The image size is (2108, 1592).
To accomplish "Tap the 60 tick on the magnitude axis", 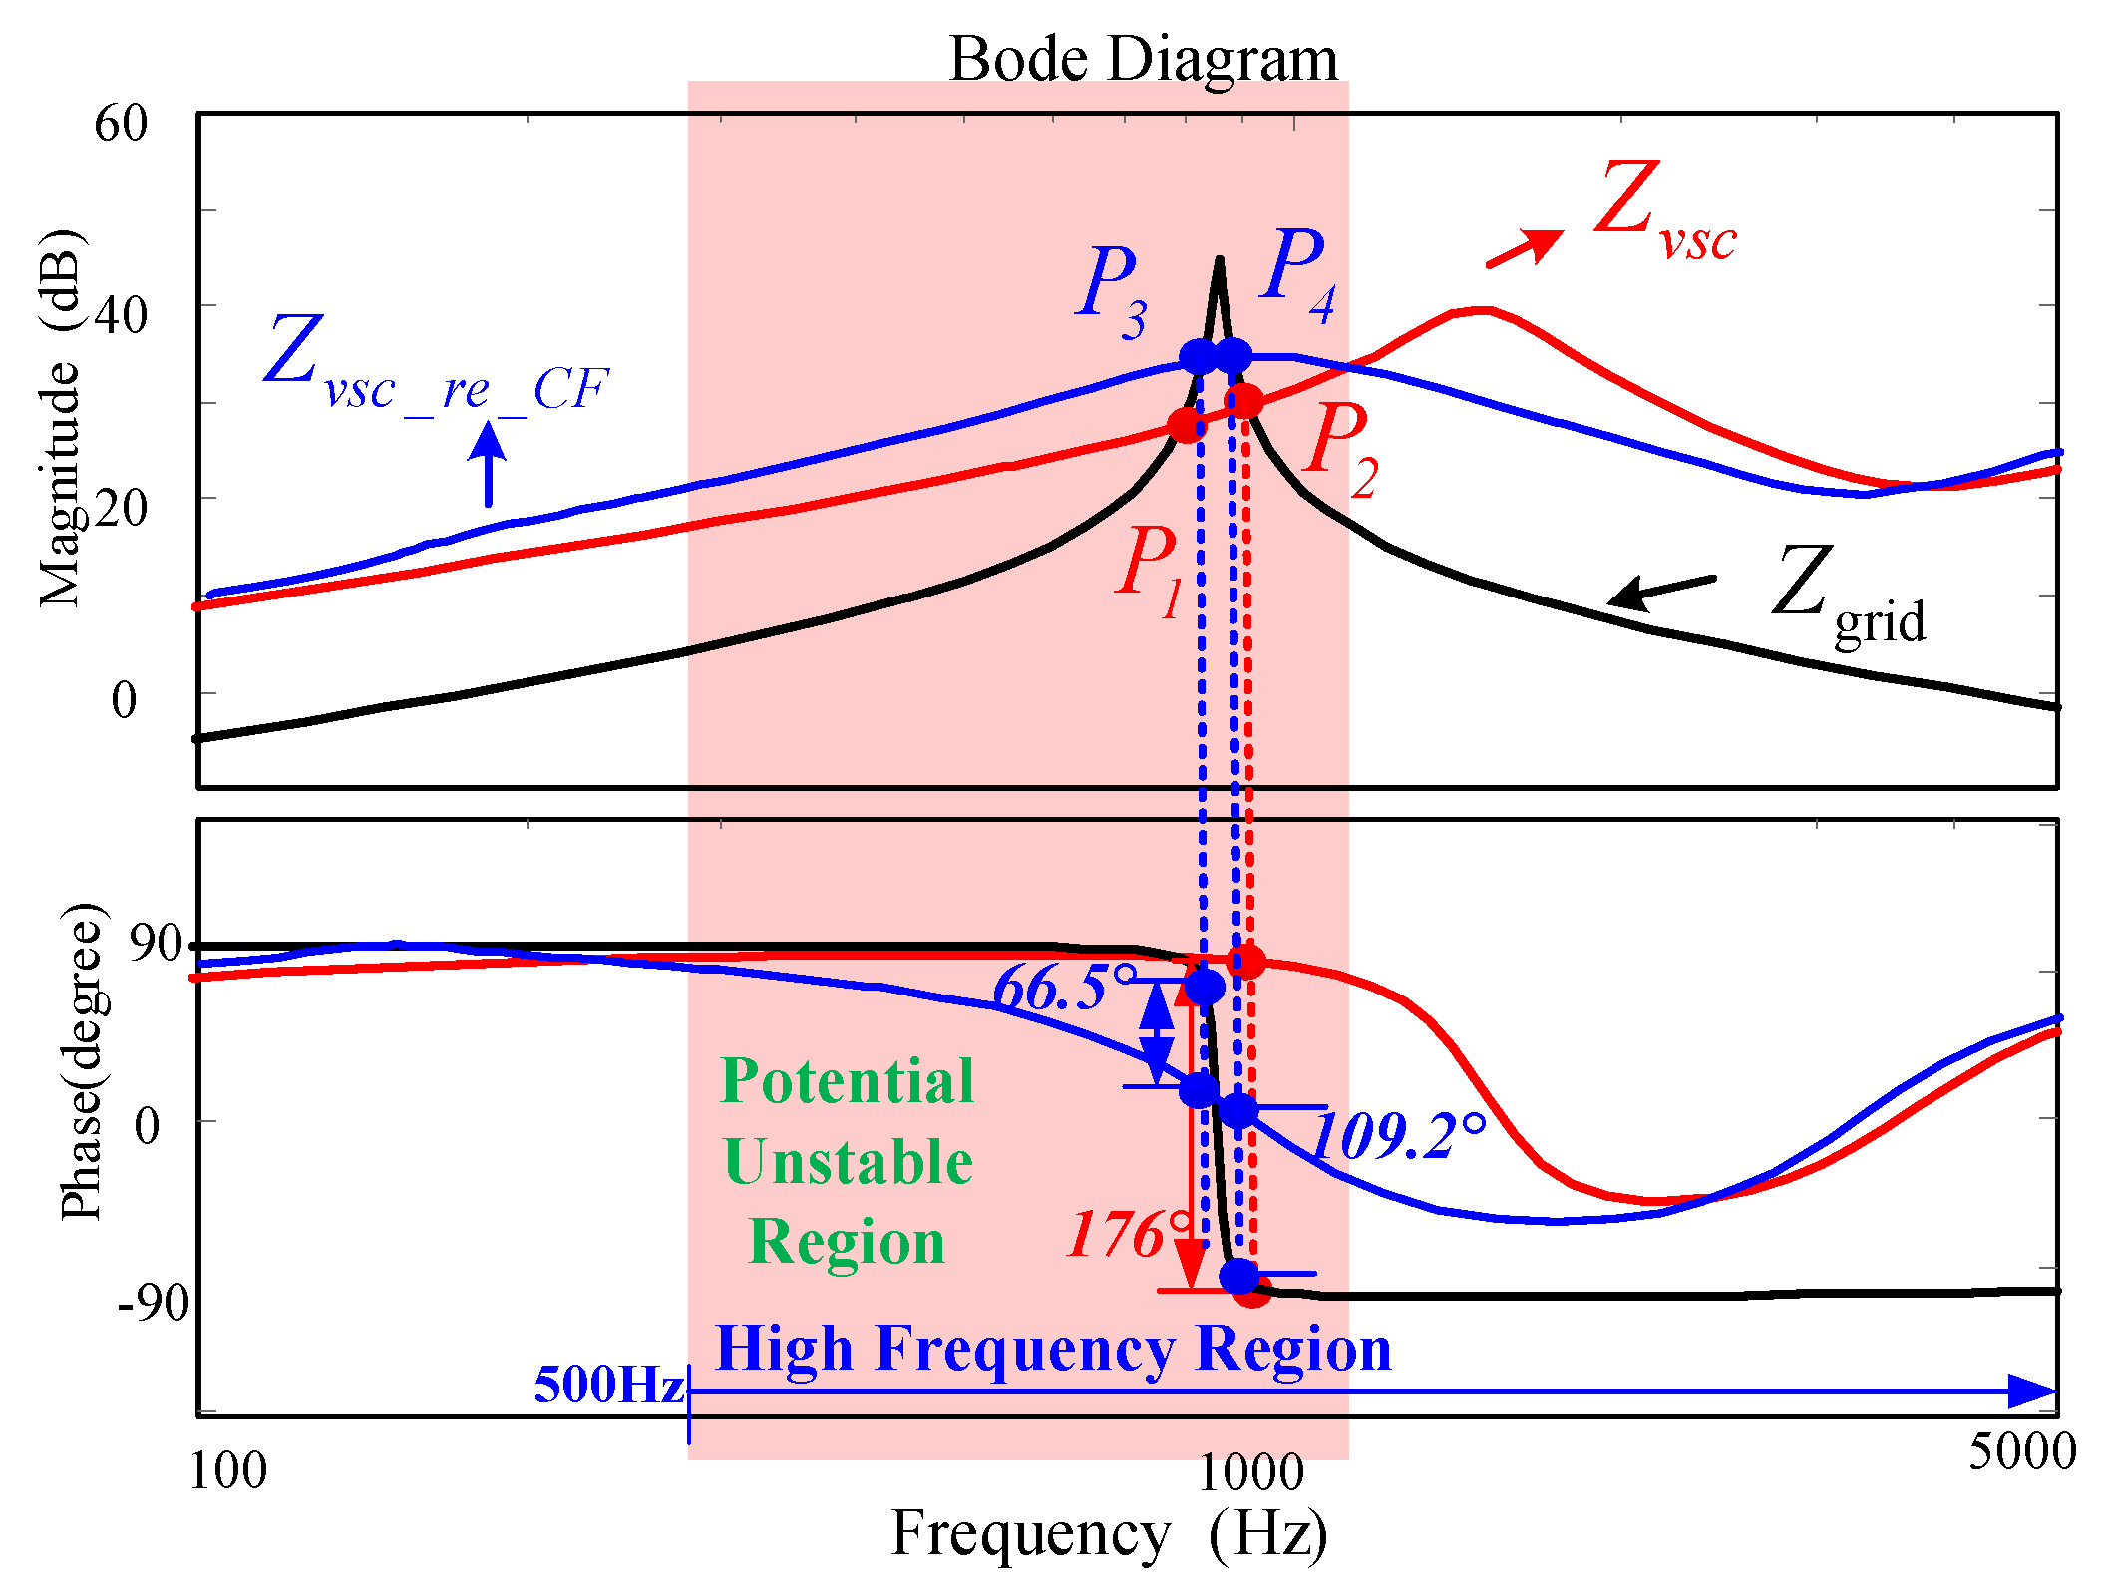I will click(x=121, y=124).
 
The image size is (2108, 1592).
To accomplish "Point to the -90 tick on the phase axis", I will click(x=152, y=1303).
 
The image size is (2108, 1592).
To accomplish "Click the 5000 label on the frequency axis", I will click(x=2021, y=1451).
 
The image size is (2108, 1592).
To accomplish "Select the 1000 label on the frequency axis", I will click(x=1249, y=1472).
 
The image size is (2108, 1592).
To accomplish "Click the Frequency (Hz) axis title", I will click(x=1109, y=1533).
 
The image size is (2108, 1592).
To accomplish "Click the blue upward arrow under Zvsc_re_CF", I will click(x=488, y=463).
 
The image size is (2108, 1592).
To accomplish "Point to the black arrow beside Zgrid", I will click(x=1660, y=591).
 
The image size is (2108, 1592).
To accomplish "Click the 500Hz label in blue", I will click(x=608, y=1385).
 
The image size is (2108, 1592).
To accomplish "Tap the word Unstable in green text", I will click(x=848, y=1162).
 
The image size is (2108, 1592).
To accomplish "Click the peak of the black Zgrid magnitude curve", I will click(x=1219, y=262).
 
